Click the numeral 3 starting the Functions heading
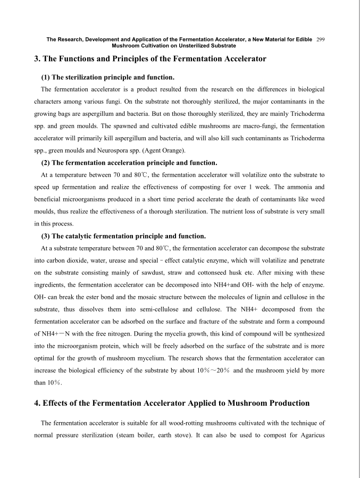pyautogui.click(x=37, y=58)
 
